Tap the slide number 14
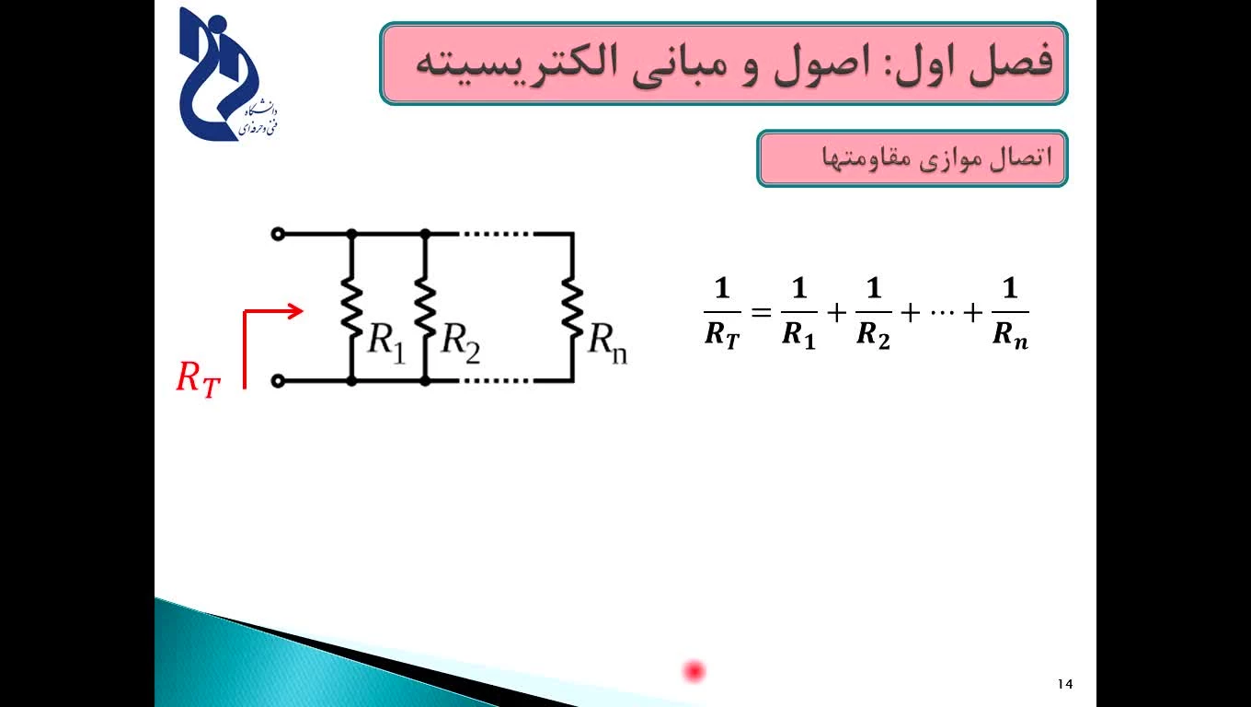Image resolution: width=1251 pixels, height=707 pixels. point(1065,684)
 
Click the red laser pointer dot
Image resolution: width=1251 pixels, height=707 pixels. point(694,671)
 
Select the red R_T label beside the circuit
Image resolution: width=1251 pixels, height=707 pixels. point(199,379)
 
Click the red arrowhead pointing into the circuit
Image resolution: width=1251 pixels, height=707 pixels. point(294,311)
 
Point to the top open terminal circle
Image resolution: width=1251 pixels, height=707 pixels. point(278,234)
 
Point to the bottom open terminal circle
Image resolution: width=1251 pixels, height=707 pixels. point(278,381)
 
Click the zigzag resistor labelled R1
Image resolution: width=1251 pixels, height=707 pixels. point(351,307)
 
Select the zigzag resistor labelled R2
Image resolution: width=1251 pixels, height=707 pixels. point(425,307)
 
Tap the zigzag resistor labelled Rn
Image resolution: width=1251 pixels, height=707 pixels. point(572,307)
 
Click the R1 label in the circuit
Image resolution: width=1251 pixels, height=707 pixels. point(386,342)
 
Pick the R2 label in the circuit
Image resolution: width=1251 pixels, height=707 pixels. point(460,342)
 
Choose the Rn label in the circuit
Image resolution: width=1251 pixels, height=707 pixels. point(608,342)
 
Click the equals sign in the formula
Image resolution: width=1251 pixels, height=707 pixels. point(761,312)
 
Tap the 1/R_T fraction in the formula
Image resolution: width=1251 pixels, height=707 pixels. point(722,313)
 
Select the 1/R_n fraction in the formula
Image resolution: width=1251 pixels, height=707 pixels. point(1010,313)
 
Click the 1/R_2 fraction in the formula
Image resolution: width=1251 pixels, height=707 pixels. point(874,313)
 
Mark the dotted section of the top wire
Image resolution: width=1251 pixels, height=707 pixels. point(496,234)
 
